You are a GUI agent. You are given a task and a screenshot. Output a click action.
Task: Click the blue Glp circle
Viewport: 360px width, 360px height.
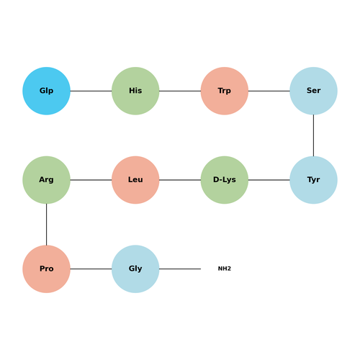pyautogui.click(x=46, y=91)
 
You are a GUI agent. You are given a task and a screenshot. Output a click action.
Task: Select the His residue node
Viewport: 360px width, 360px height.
pyautogui.click(x=135, y=91)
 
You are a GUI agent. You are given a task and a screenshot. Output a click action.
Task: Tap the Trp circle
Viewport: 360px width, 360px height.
pyautogui.click(x=225, y=91)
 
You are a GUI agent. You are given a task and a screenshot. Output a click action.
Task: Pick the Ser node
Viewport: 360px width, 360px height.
pyautogui.click(x=313, y=91)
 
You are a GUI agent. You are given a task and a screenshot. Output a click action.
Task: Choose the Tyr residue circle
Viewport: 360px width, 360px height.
pyautogui.click(x=313, y=180)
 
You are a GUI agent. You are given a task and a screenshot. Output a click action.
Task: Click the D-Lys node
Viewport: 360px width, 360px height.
pyautogui.click(x=225, y=180)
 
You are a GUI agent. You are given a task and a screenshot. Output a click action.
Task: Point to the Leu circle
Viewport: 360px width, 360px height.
pyautogui.click(x=135, y=180)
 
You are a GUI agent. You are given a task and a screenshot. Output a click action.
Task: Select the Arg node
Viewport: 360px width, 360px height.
pyautogui.click(x=46, y=180)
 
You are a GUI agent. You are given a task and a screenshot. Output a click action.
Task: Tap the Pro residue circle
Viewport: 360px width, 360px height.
pyautogui.click(x=46, y=269)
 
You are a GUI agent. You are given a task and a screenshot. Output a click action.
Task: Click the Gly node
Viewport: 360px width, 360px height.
pyautogui.click(x=135, y=269)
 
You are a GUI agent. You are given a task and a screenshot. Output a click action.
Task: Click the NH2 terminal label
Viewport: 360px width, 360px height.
pyautogui.click(x=225, y=269)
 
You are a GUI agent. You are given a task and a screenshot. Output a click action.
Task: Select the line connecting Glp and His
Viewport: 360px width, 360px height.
pyautogui.click(x=91, y=91)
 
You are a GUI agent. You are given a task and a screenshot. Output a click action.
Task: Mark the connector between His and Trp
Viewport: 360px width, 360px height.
pyautogui.click(x=180, y=91)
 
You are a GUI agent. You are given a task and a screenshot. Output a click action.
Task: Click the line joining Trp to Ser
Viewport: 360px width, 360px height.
pyautogui.click(x=269, y=91)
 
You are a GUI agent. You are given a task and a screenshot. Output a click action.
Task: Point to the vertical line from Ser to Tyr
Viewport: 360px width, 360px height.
pyautogui.click(x=313, y=135)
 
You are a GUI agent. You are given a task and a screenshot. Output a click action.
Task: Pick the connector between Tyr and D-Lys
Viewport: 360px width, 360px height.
pyautogui.click(x=269, y=180)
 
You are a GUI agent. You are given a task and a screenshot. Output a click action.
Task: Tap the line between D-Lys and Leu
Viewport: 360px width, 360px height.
pyautogui.click(x=180, y=180)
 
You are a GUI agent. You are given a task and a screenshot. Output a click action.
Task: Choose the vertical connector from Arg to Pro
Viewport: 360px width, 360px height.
pyautogui.click(x=46, y=225)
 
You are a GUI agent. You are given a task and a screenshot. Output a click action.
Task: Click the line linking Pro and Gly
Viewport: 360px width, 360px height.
pyautogui.click(x=91, y=269)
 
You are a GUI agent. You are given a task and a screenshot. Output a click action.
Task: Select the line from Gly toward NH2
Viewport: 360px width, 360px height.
pyautogui.click(x=180, y=269)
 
